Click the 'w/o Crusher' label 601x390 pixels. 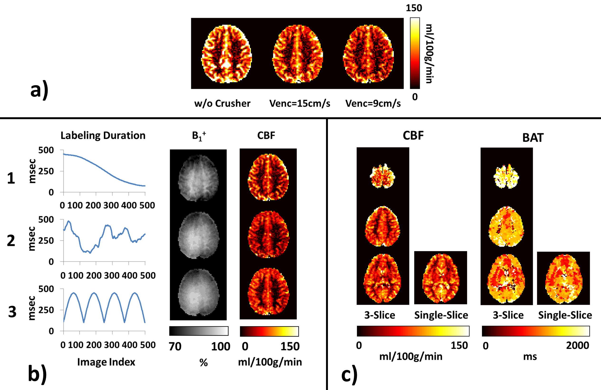click(x=222, y=103)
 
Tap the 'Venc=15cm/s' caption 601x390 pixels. click(x=300, y=103)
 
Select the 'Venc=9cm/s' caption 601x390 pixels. click(x=373, y=103)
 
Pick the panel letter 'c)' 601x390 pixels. click(x=349, y=375)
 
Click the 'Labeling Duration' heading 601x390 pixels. click(x=103, y=136)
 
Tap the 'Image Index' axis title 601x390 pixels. click(x=106, y=362)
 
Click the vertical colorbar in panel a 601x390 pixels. click(x=415, y=53)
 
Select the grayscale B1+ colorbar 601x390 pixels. click(x=199, y=331)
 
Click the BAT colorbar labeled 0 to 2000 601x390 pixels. click(x=536, y=331)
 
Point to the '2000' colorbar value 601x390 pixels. click(x=577, y=345)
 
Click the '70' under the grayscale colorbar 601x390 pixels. click(x=175, y=347)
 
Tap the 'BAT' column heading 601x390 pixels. click(x=533, y=138)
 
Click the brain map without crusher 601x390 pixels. click(x=227, y=54)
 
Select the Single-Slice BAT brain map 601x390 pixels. click(x=564, y=278)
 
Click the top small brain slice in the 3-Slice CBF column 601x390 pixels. click(x=383, y=176)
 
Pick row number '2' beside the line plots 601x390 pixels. click(x=11, y=240)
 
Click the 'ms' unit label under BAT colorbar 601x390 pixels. click(x=530, y=357)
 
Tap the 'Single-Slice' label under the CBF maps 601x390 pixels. click(x=441, y=315)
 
